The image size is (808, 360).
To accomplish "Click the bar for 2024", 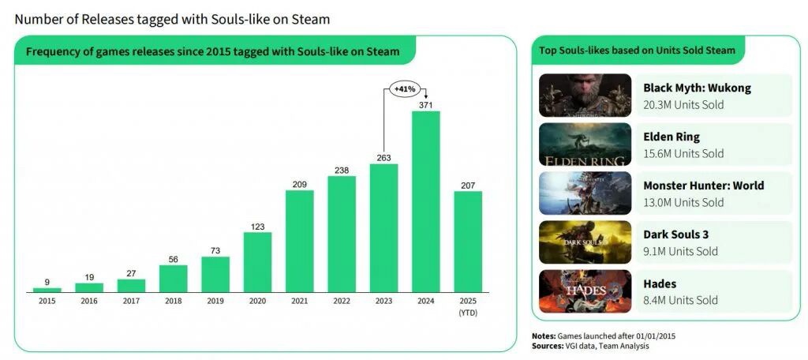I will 425,201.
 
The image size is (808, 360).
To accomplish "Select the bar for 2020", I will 257,262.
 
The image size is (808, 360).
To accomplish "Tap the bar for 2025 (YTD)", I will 467,242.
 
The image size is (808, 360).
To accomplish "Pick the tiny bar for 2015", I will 47,290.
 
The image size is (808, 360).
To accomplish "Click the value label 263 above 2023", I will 383,156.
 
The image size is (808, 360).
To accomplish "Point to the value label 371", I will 425,104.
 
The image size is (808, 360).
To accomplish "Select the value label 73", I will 215,249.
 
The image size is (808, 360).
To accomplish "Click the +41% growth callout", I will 405,90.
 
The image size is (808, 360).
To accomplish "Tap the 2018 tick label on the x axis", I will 174,302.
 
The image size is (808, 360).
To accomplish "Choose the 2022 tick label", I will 342,302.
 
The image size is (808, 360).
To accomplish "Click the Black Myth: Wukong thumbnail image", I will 585,96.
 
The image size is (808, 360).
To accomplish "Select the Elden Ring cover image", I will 585,144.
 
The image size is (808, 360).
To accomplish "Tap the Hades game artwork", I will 585,291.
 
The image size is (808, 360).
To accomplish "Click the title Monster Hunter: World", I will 703,186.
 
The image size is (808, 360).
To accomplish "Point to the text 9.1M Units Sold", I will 680,251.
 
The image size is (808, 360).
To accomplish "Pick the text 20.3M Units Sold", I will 683,104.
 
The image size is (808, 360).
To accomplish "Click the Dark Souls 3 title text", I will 677,234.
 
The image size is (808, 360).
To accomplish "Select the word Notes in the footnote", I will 544,336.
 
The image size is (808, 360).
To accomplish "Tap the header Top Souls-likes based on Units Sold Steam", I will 637,51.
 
